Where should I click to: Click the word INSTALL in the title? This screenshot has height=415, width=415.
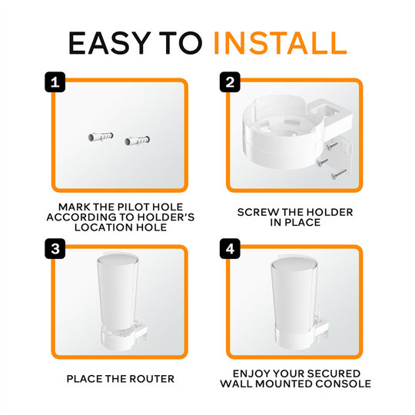click(280, 43)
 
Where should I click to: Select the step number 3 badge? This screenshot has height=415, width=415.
click(54, 250)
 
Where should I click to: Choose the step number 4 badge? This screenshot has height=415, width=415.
click(228, 250)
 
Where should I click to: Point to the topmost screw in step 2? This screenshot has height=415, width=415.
click(330, 142)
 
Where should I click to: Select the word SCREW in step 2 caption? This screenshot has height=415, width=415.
click(259, 211)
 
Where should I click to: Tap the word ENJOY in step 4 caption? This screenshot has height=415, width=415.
click(251, 373)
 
